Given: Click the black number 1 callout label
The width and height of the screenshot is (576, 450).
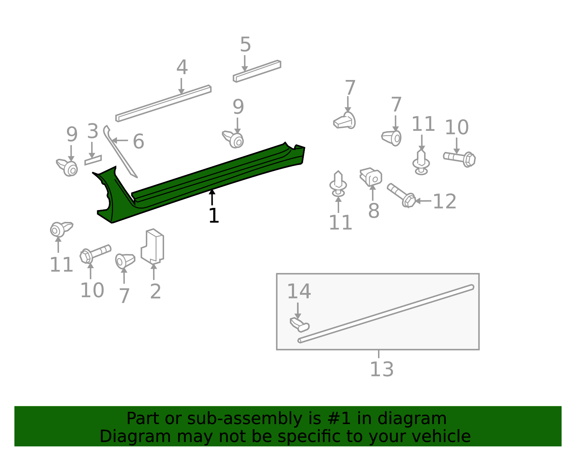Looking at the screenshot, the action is (x=214, y=215).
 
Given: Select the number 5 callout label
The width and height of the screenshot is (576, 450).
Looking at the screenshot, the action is (x=246, y=44).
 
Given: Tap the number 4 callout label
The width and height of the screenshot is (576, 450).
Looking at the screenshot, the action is (x=182, y=67).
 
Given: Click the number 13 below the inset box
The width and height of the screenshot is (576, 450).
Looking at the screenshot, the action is (x=382, y=369).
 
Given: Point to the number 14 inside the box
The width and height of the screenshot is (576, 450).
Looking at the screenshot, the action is (x=299, y=291).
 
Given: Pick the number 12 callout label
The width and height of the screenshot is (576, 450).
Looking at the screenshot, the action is (x=445, y=201).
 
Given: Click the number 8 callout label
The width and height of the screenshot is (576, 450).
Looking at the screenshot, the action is (x=374, y=211).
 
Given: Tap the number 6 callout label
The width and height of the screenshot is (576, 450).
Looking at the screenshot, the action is (x=138, y=141).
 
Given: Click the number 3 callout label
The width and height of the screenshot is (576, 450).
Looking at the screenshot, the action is (x=93, y=131).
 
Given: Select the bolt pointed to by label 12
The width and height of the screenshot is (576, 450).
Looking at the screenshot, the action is (x=401, y=195).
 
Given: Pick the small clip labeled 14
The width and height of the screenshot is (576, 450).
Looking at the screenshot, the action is (x=300, y=325).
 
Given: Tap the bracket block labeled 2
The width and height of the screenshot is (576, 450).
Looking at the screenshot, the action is (x=152, y=246).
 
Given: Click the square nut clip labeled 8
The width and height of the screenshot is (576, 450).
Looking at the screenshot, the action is (x=371, y=177).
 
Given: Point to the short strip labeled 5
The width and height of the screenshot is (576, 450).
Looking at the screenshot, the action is (x=257, y=71).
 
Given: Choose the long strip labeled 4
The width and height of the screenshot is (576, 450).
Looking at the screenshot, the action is (x=163, y=103).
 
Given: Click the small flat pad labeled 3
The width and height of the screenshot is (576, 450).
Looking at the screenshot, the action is (x=93, y=160).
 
